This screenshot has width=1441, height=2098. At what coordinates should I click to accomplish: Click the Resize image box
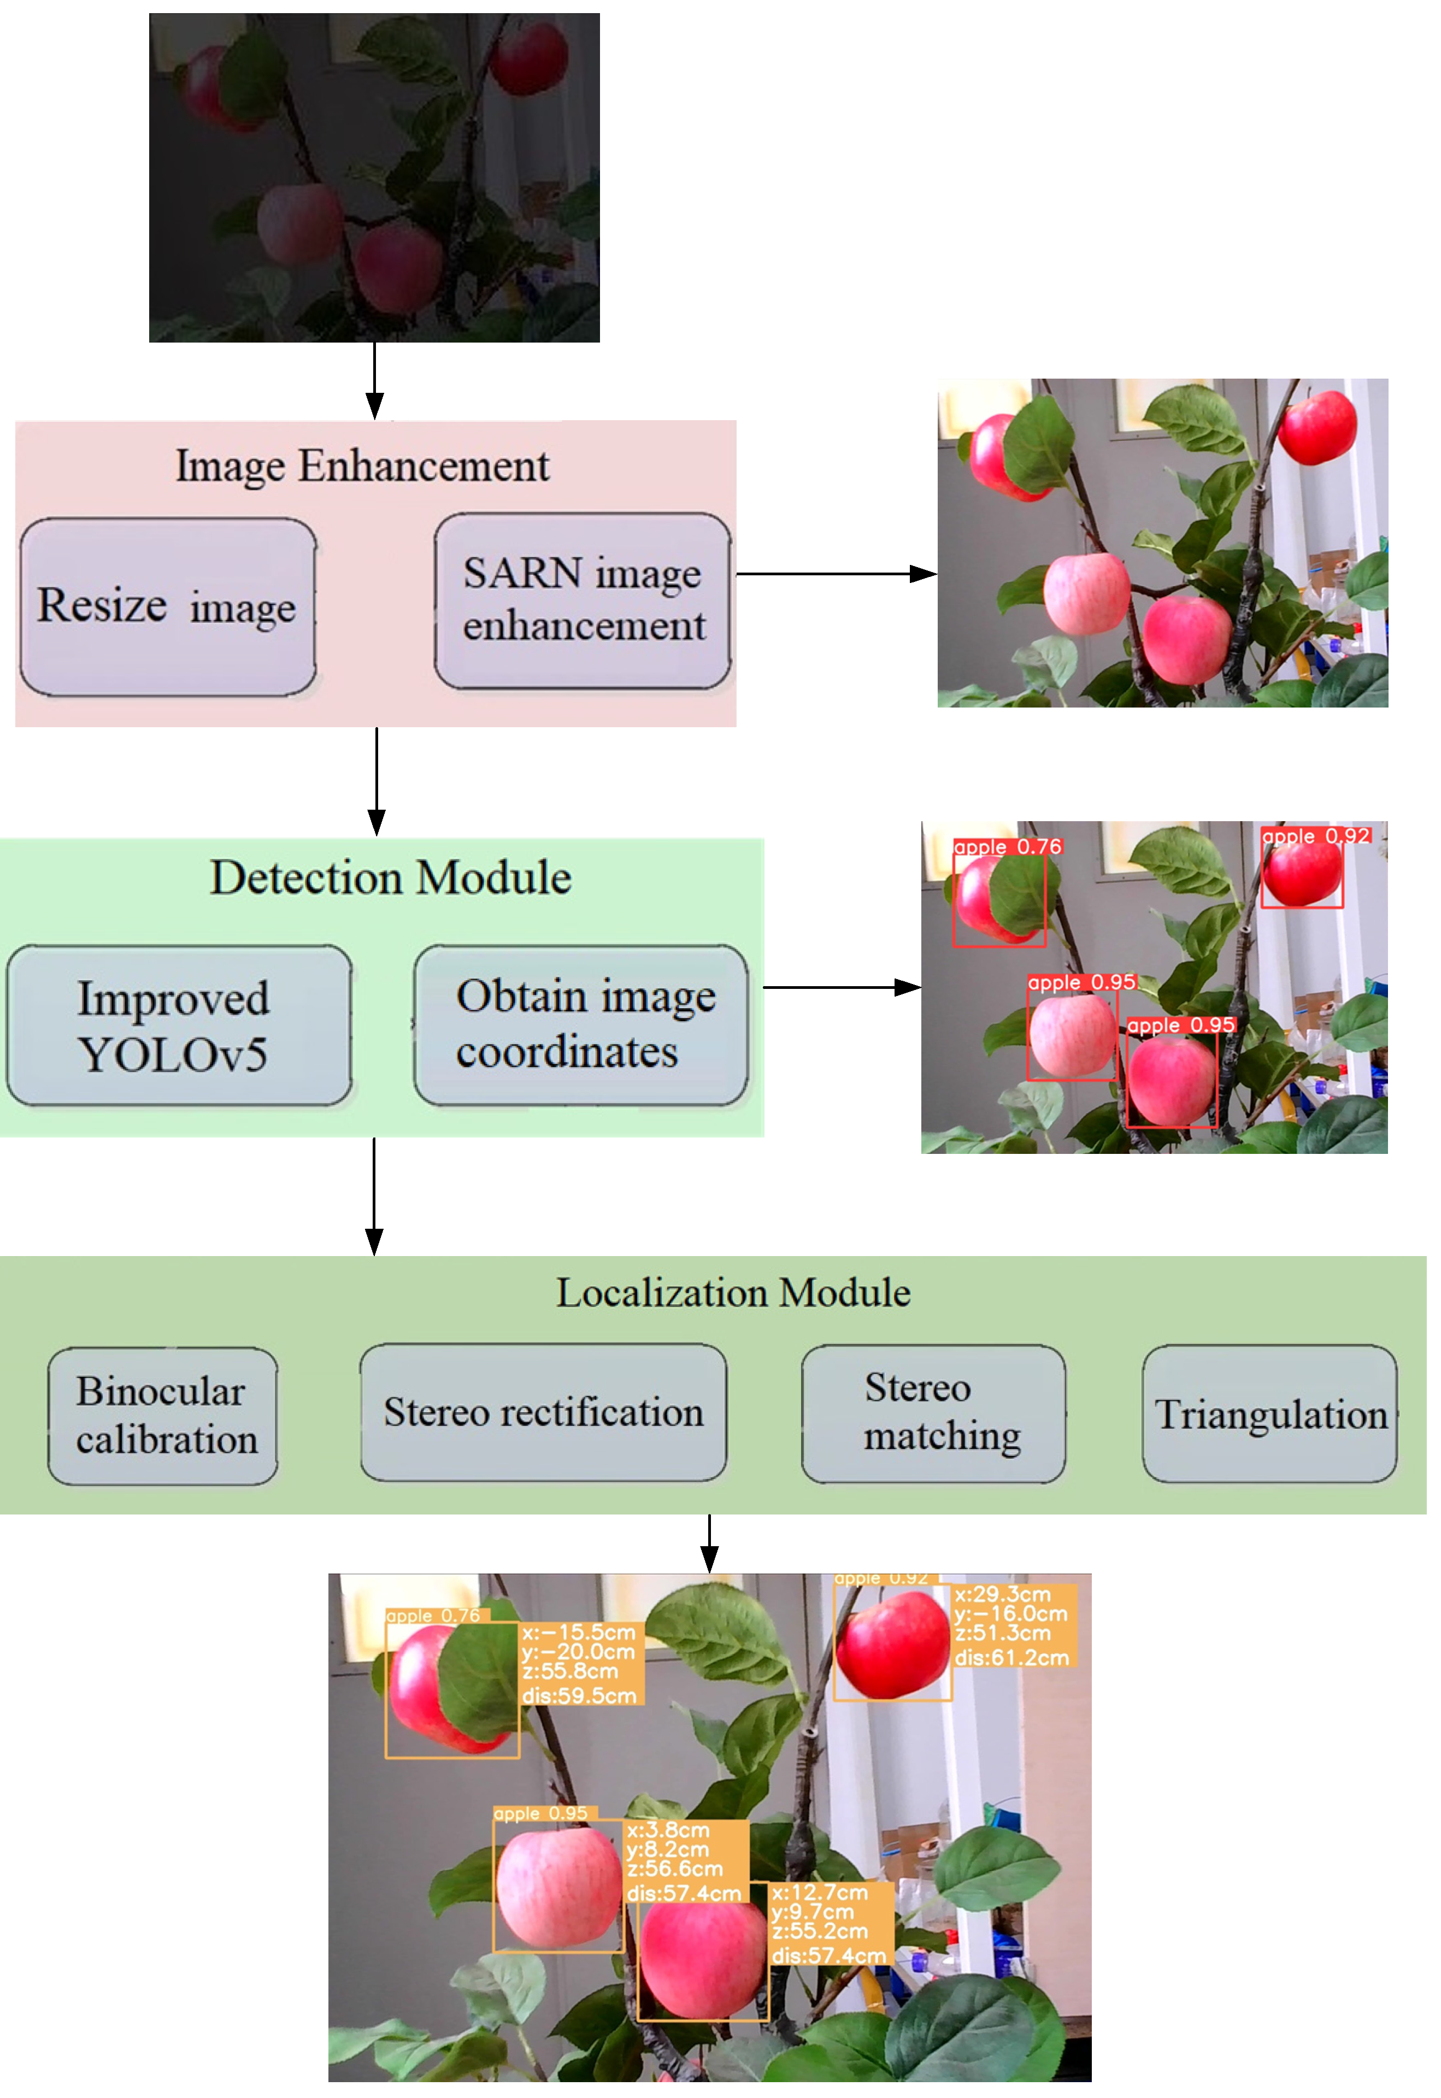coord(168,606)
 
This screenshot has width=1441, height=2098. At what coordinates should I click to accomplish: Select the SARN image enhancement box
coord(583,601)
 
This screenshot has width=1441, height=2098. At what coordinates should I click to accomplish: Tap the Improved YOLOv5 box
coord(178,1026)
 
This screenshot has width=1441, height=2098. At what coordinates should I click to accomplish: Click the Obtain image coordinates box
coord(580,1026)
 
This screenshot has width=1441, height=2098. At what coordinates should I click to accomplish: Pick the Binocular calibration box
coord(162,1416)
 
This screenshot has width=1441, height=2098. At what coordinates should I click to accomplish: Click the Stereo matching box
coord(933,1414)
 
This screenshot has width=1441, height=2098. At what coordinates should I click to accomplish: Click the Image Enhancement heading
coord(362,467)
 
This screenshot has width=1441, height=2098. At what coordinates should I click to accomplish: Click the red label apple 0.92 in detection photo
coord(1315,836)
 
